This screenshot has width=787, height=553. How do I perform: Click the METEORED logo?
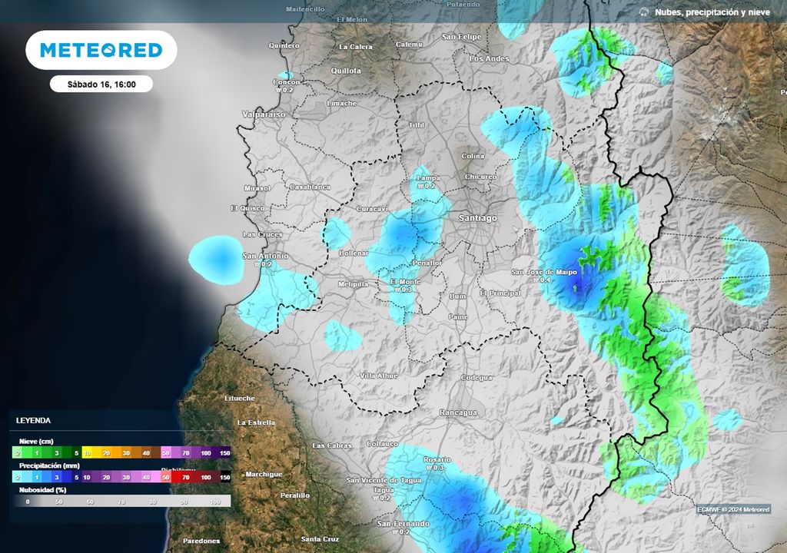tap(101, 51)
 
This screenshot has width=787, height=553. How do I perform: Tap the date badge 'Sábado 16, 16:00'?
tap(101, 84)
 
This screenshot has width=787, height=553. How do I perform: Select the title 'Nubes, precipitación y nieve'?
tap(712, 12)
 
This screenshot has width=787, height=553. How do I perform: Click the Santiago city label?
tap(477, 218)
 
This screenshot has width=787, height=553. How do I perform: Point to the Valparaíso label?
tap(264, 114)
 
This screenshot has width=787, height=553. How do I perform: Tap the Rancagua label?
tap(457, 412)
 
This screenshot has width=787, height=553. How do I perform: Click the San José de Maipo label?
tap(545, 273)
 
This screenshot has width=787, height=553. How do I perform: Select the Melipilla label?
tap(354, 284)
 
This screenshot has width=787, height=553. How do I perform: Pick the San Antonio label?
tap(265, 256)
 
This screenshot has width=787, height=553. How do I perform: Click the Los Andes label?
tap(489, 58)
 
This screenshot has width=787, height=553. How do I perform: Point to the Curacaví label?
tap(374, 209)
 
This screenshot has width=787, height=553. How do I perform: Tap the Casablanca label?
tap(310, 187)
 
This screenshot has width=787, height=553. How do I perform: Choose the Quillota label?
tap(345, 71)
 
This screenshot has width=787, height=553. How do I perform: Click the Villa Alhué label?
tap(379, 376)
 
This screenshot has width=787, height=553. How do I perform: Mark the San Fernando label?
tap(403, 523)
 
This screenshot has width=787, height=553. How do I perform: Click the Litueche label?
tap(239, 399)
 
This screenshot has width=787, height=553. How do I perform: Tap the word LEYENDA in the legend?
tap(33, 421)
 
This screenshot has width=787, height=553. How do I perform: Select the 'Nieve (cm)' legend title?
tap(38, 441)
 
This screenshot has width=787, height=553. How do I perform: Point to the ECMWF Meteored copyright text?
tap(732, 509)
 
